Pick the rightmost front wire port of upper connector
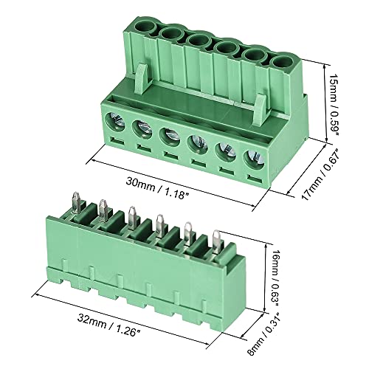click(x=252, y=158)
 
